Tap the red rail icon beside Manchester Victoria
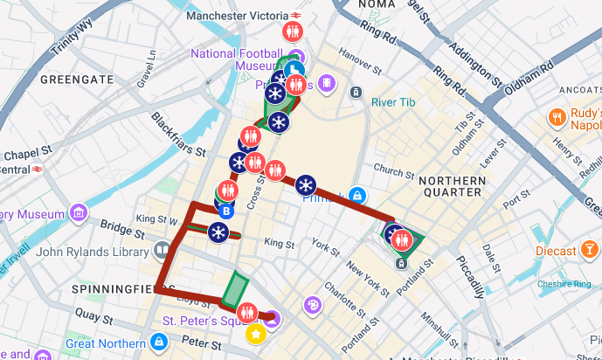coord(297,14)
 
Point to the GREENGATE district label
coord(77,80)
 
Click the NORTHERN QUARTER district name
coord(451,185)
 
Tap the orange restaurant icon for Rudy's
coord(556,117)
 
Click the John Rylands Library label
coord(91,252)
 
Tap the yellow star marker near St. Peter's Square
coord(255,333)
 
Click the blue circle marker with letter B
coord(226,211)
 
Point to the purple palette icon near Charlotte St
coord(312,305)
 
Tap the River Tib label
coord(395,102)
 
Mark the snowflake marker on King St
coord(218,232)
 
